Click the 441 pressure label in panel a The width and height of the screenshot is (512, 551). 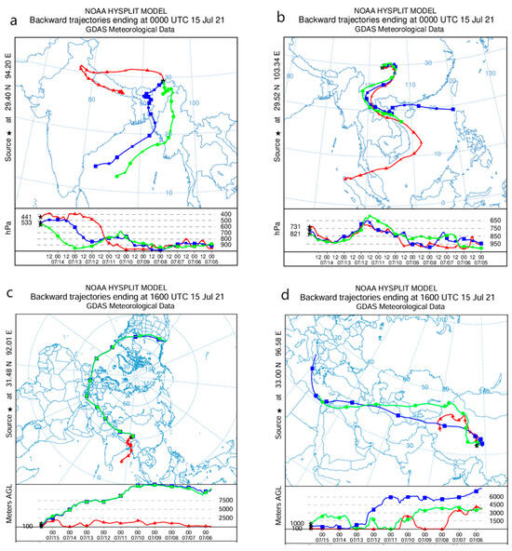click(27, 217)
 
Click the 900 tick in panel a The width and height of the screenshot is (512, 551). click(227, 245)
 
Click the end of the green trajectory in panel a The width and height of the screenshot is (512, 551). click(116, 174)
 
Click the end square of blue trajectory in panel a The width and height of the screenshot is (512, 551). click(96, 166)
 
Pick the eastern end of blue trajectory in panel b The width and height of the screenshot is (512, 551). click(453, 109)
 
